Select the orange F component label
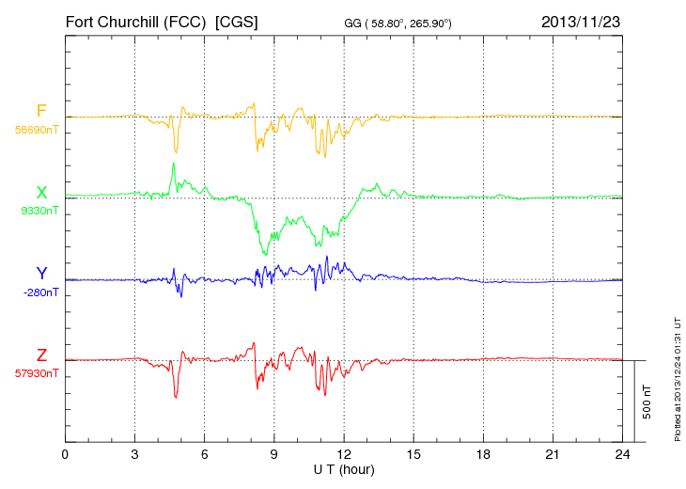41,111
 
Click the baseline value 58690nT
36,130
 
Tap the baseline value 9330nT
39,212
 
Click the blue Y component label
41,274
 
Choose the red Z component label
41,355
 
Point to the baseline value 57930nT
36,373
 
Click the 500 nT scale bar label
647,402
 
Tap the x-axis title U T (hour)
344,469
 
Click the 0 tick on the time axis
65,454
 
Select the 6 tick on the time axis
205,454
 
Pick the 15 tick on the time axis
413,454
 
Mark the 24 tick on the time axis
623,454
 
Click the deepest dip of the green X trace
266,255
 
